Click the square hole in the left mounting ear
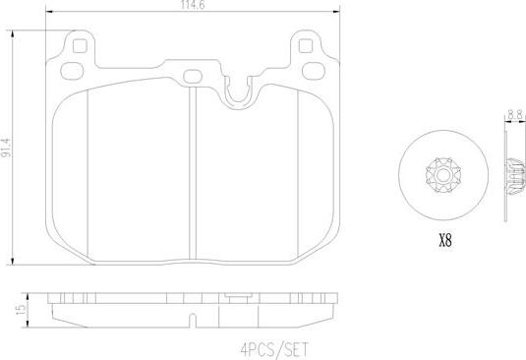(80, 44)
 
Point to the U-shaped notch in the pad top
(237, 91)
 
